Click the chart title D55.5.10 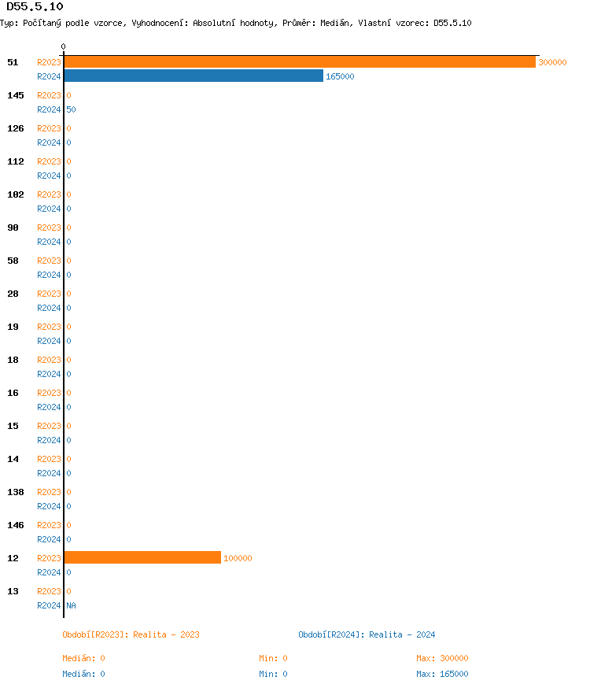[x=35, y=7]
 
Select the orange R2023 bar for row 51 [x=299, y=61]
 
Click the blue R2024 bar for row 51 [x=193, y=76]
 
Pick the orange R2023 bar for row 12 [x=142, y=557]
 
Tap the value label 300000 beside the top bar [x=552, y=62]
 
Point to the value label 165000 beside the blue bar [x=340, y=76]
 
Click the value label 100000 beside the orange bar [x=238, y=558]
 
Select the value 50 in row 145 [x=71, y=109]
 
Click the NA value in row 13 [x=71, y=605]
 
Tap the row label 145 [x=15, y=95]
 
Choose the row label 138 [x=15, y=492]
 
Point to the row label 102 [x=15, y=194]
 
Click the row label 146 [x=15, y=525]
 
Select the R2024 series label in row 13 [x=49, y=605]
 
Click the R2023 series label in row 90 [x=49, y=227]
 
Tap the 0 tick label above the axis [x=63, y=46]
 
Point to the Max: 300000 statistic [x=442, y=658]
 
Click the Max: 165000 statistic [x=442, y=674]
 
